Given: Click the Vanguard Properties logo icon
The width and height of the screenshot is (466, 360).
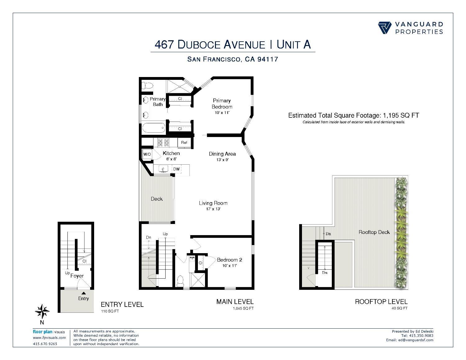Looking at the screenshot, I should point(385,28).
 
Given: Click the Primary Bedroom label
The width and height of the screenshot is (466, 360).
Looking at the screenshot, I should point(222,104).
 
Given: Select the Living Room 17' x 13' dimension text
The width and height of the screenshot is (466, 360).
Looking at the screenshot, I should point(213,209).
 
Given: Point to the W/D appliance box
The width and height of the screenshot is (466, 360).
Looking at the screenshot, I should point(147,154).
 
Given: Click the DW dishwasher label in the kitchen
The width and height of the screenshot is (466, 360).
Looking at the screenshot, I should point(176,169).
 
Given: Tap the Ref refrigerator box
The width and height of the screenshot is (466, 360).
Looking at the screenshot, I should point(184,143).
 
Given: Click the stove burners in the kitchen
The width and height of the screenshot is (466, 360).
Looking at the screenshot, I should point(164,143).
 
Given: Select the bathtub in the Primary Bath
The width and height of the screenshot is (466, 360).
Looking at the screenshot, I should point(153,127).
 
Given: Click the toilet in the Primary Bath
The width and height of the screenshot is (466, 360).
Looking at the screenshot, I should point(147,85).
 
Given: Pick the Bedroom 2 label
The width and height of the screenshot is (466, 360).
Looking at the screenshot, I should point(230,260).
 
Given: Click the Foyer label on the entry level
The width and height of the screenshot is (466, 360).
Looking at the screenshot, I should point(77,276).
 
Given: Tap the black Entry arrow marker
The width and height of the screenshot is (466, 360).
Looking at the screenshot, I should point(83,293).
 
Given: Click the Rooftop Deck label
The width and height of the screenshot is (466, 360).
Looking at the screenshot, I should point(374,232).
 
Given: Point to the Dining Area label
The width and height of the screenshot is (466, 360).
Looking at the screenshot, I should point(222,154).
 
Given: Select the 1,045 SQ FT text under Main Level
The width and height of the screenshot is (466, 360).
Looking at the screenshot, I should point(243,308).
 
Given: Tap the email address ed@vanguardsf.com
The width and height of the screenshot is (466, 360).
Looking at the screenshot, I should point(415,340).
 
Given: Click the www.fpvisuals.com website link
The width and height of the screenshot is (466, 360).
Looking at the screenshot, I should point(49,338).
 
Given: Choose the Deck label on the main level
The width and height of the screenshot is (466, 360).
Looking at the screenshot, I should point(157,199).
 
